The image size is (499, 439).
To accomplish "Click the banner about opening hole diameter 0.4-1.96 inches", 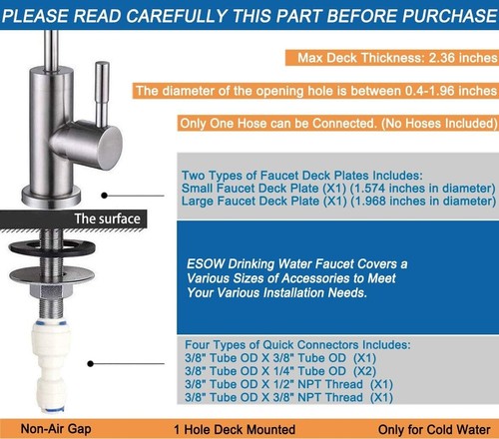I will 315,91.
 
